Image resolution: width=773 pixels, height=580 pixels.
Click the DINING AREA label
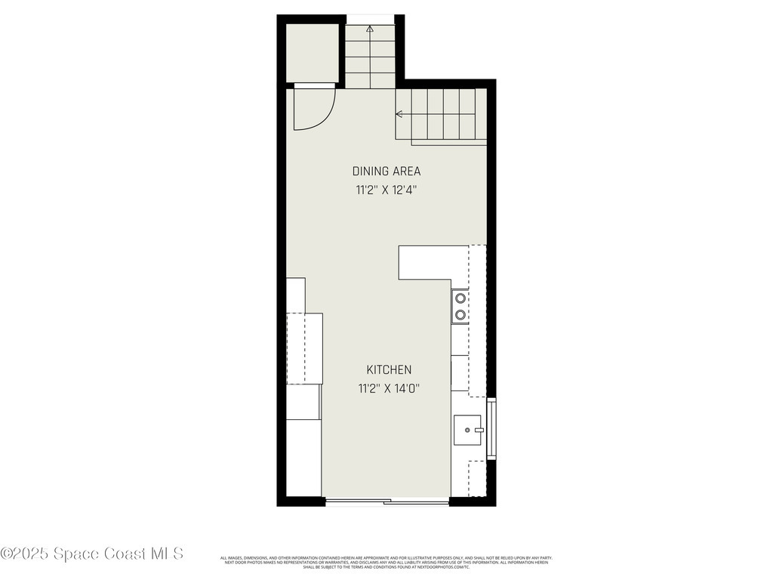(386, 171)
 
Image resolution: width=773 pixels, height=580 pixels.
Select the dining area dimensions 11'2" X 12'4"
(386, 190)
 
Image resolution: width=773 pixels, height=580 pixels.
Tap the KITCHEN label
(389, 369)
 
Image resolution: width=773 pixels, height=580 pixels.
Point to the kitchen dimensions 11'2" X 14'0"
(389, 389)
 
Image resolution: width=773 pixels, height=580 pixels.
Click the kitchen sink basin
(466, 430)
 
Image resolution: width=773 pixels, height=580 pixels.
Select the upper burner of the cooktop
(460, 298)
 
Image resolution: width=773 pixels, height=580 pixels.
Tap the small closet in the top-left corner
(312, 51)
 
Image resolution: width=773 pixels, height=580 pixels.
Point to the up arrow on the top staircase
(370, 29)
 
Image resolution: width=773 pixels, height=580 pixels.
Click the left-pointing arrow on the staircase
(399, 114)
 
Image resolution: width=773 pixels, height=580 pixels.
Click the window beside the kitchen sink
(491, 429)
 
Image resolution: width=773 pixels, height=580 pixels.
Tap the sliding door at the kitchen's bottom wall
(386, 501)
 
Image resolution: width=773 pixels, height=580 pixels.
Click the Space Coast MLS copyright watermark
(92, 554)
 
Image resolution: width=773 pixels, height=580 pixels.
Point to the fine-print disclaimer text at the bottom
(386, 562)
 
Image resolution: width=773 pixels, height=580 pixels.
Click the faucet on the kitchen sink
(479, 430)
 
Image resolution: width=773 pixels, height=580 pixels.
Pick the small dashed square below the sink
(477, 478)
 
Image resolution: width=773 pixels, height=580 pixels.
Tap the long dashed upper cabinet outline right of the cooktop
(477, 321)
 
